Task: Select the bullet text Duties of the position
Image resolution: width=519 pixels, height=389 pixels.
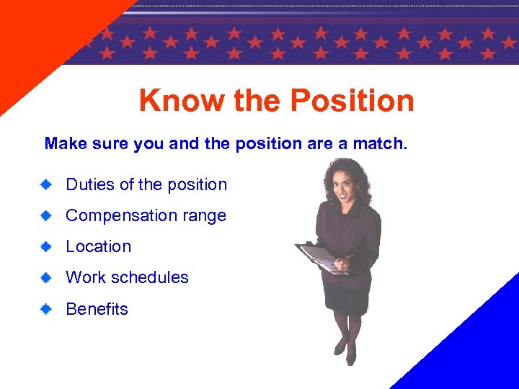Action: point(146,184)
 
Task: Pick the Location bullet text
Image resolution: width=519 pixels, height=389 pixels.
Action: point(99,246)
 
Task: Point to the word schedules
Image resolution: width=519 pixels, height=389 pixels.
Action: point(152,277)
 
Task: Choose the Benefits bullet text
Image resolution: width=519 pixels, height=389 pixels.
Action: point(97,309)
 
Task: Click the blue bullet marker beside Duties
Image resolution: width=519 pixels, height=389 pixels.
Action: point(45,184)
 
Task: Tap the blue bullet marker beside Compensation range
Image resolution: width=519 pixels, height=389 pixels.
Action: point(45,215)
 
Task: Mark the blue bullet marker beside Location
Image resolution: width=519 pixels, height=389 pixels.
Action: point(45,246)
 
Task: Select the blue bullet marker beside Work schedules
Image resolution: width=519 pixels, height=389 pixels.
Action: point(45,277)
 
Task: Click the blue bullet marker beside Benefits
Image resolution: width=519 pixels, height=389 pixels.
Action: point(45,309)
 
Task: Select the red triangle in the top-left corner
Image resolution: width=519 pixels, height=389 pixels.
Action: point(36,36)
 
